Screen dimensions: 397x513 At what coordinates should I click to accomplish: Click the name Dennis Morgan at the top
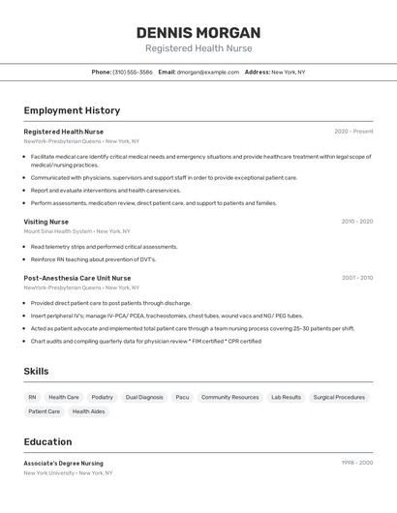198,33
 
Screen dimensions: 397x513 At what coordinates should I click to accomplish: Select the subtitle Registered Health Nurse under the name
198,48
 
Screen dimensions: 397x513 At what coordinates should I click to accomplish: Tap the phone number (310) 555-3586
133,72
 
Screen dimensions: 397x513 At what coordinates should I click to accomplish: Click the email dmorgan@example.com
208,72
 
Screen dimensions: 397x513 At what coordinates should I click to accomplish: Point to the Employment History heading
72,110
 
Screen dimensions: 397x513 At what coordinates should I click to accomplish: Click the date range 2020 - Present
353,132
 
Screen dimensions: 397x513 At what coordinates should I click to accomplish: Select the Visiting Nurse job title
46,222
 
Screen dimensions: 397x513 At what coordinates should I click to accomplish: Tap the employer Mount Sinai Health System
58,231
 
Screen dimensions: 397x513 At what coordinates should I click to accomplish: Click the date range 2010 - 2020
356,222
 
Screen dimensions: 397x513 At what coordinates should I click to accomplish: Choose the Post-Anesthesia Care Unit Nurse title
77,278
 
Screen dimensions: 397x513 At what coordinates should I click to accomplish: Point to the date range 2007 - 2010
356,278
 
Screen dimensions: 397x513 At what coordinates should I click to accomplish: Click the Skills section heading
36,372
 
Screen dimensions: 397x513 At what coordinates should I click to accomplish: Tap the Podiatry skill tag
102,397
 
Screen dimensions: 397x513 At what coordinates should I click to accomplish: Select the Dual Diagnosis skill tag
144,397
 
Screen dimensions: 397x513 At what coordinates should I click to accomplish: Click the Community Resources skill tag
229,397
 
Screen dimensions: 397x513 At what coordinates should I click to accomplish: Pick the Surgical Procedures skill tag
339,397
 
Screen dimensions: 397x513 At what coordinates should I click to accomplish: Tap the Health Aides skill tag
88,411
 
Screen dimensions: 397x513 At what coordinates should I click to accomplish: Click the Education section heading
47,441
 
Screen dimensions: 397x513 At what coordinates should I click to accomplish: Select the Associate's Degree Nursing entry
63,464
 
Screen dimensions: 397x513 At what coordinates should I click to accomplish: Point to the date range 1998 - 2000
356,464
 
